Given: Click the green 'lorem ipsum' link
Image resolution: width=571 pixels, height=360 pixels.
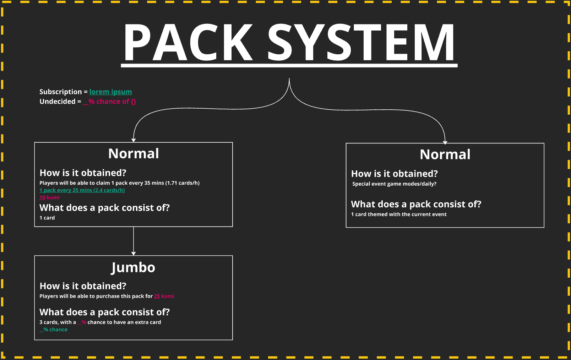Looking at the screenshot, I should [110, 92].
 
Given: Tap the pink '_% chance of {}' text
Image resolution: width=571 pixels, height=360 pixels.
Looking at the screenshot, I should [109, 102].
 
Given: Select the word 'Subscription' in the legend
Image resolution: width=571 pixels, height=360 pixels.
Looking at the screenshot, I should [60, 92].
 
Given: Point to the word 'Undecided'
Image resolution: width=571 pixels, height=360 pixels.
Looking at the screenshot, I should [58, 102].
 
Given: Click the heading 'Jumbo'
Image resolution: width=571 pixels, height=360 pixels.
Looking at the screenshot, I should [133, 267].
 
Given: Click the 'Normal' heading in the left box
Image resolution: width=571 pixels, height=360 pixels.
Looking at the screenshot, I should [134, 154].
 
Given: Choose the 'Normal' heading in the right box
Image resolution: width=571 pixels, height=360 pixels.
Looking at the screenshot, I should [445, 154].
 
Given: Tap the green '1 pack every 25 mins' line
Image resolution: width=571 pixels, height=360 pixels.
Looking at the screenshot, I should [82, 190].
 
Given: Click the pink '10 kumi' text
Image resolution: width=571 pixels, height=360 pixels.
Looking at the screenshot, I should [49, 197].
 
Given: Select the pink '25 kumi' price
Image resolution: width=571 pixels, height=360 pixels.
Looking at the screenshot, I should [164, 296].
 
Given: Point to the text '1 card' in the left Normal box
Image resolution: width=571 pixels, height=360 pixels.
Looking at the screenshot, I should [47, 218].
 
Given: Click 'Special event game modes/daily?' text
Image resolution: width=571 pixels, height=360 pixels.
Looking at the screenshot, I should [394, 184].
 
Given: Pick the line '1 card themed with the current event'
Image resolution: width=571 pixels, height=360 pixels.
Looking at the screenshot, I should [399, 214].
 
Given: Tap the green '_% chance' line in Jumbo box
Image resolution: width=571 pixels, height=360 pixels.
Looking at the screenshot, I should [54, 329].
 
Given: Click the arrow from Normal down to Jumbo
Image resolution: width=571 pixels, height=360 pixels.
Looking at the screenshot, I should [134, 241].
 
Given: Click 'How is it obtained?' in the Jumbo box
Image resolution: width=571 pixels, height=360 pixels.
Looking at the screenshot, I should [83, 286].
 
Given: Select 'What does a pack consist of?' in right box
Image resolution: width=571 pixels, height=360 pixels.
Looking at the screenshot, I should [416, 204].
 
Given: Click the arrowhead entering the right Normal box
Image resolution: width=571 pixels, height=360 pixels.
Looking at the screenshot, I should [445, 142].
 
